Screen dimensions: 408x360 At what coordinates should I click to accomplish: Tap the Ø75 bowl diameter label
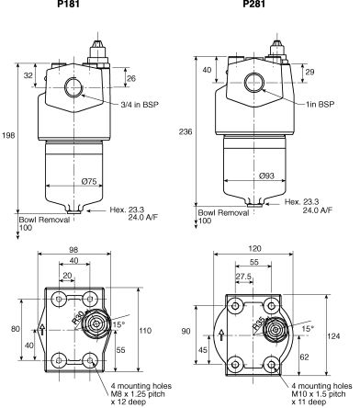pos(89,182)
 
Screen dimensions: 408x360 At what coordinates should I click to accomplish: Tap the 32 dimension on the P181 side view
pos(28,75)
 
